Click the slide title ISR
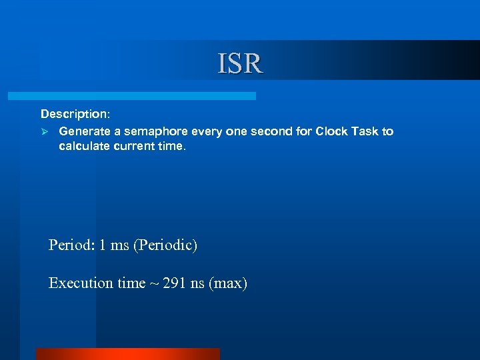(240, 63)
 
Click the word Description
(73, 115)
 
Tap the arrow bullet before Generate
(45, 132)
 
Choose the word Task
(364, 132)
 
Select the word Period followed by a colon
(71, 245)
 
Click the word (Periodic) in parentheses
(165, 245)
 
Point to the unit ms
(119, 245)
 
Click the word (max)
(228, 284)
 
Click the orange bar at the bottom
(127, 354)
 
